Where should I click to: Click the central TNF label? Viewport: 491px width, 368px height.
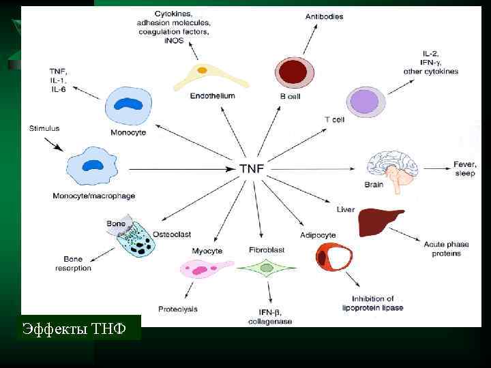[x=252, y=168]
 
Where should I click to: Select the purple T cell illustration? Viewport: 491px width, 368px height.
[x=367, y=103]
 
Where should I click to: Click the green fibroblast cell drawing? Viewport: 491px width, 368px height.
[x=266, y=268]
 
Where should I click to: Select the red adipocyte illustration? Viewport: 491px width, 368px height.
[x=334, y=256]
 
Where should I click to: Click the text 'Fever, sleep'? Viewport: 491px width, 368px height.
[x=464, y=168]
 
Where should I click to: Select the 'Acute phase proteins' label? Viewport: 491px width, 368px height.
[x=442, y=249]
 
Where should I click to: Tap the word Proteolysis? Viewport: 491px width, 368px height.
[x=177, y=309]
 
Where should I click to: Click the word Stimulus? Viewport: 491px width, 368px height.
[x=44, y=127]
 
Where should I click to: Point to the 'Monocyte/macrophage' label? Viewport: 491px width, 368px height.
[x=93, y=196]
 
